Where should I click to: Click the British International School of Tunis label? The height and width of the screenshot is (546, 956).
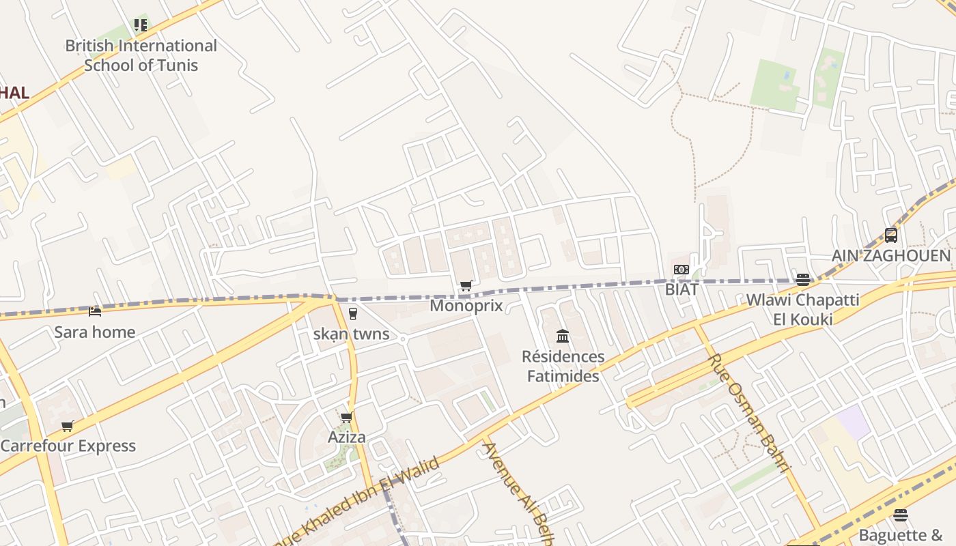[x=141, y=55]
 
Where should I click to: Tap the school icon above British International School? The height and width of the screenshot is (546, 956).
[x=141, y=25]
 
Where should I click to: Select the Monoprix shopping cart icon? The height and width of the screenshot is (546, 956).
[x=466, y=285]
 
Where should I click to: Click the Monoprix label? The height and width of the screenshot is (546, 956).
[x=466, y=306]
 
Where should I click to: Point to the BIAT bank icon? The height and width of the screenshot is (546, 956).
[x=681, y=270]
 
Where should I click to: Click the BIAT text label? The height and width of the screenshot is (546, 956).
[x=681, y=289]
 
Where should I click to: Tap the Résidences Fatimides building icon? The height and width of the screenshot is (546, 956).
[x=563, y=336]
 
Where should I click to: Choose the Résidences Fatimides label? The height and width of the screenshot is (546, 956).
[x=563, y=366]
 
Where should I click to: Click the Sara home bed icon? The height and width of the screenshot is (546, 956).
[x=95, y=312]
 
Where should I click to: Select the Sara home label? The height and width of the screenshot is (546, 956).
[x=95, y=332]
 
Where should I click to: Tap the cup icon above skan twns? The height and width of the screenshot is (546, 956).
[x=352, y=314]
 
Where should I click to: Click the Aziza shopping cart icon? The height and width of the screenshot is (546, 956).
[x=347, y=417]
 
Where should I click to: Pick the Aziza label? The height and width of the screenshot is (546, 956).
[x=347, y=437]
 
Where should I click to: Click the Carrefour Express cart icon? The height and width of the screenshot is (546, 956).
[x=68, y=426]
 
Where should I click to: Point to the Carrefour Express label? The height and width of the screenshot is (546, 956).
[x=68, y=446]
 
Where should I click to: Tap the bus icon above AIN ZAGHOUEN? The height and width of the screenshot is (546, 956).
[x=891, y=235]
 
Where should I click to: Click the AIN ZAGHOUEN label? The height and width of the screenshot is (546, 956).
[x=891, y=256]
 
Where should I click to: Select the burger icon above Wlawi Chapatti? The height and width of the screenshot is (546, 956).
[x=802, y=279]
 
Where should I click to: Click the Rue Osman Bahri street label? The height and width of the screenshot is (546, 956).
[x=749, y=413]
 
